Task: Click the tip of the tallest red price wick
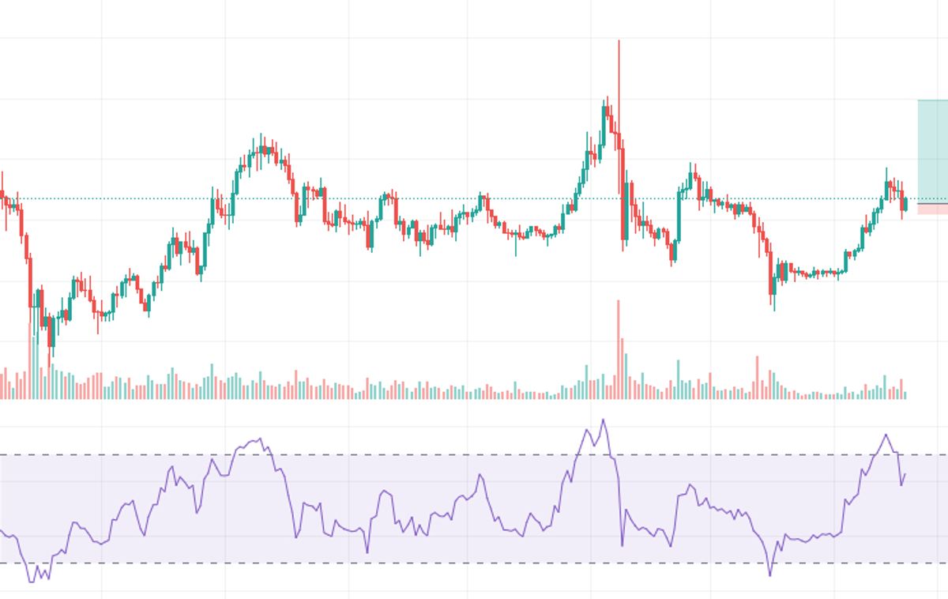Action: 619,41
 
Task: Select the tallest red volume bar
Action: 619,348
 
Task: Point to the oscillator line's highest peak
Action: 604,420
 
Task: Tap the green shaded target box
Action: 932,150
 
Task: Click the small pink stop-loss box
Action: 932,209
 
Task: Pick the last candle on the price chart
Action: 905,205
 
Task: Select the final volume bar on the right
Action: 905,395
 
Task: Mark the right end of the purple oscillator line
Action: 905,474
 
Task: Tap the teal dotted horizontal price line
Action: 474,198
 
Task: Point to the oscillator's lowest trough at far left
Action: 32,582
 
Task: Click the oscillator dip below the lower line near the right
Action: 769,575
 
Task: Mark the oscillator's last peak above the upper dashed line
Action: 886,435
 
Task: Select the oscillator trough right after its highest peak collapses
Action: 622,544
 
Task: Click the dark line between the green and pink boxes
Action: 932,204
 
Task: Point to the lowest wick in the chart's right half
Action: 774,309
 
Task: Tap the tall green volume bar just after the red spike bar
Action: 626,375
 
